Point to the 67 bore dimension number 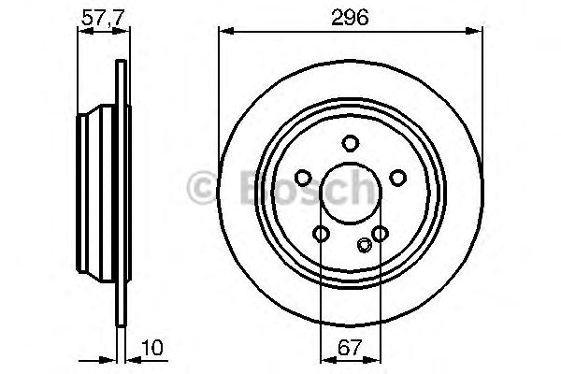350,348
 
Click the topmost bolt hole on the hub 350,143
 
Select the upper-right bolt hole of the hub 397,178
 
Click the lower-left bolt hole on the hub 321,234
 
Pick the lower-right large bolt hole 380,234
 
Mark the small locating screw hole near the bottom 364,246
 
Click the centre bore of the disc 350,194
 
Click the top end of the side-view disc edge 120,63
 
